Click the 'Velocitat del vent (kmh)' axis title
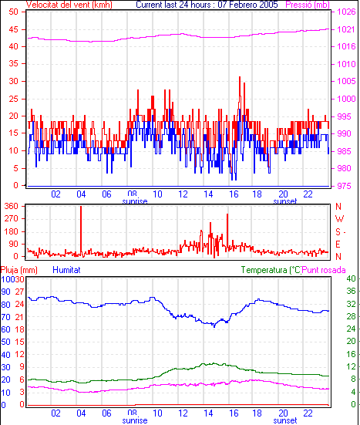click(x=69, y=5)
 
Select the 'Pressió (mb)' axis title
click(x=308, y=5)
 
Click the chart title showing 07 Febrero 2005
click(x=207, y=5)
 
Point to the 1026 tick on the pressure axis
click(x=346, y=12)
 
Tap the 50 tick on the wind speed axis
click(x=13, y=12)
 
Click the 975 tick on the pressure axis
click(x=344, y=186)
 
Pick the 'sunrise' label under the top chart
click(x=135, y=201)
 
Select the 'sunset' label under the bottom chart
click(x=285, y=420)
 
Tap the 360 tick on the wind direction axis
click(x=12, y=206)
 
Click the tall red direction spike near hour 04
click(x=81, y=231)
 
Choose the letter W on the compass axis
click(x=339, y=219)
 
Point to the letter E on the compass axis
click(x=338, y=245)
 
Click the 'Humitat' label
click(x=66, y=270)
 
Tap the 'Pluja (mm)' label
click(x=19, y=270)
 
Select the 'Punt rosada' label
click(x=324, y=270)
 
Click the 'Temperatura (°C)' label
click(x=271, y=270)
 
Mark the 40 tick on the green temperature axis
click(x=351, y=278)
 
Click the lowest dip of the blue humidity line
click(x=214, y=326)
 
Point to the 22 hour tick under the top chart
click(x=308, y=194)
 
